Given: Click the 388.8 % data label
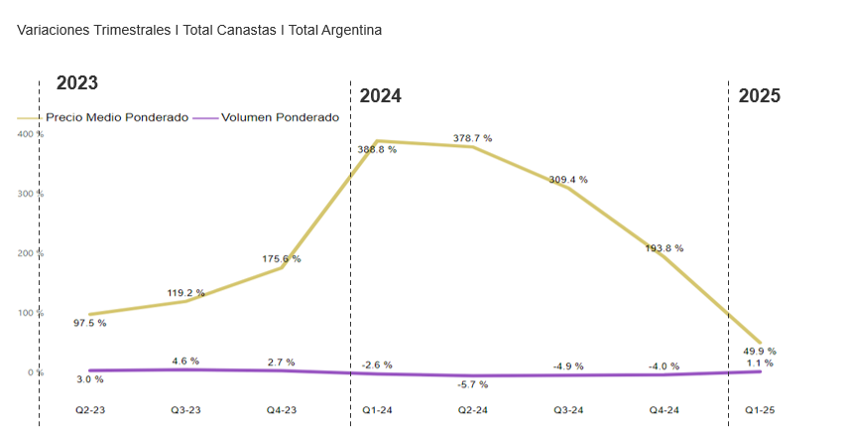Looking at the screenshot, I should coord(377,149).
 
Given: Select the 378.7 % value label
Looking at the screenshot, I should coord(472,138).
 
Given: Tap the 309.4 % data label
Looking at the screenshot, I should coord(568,180).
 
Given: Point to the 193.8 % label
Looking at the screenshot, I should coord(664,248).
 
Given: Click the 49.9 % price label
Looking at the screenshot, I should coord(759,351).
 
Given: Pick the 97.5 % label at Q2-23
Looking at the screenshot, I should coord(89,323).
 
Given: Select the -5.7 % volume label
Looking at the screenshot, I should coord(472,383).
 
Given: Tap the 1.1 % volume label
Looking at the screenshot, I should coord(759,362).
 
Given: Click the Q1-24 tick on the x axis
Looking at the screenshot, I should coord(377,409).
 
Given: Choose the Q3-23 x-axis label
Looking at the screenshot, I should coord(185,409).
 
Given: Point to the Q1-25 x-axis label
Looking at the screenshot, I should coord(759,409).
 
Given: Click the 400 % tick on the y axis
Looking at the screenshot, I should coord(30,134).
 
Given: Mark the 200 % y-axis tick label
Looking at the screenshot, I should coord(30,253).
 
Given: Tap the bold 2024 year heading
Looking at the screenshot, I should coord(380,96).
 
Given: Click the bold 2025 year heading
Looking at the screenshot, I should coord(759,96).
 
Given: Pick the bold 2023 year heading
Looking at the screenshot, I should coord(76,83).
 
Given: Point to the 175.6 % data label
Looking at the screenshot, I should coord(282,259).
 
